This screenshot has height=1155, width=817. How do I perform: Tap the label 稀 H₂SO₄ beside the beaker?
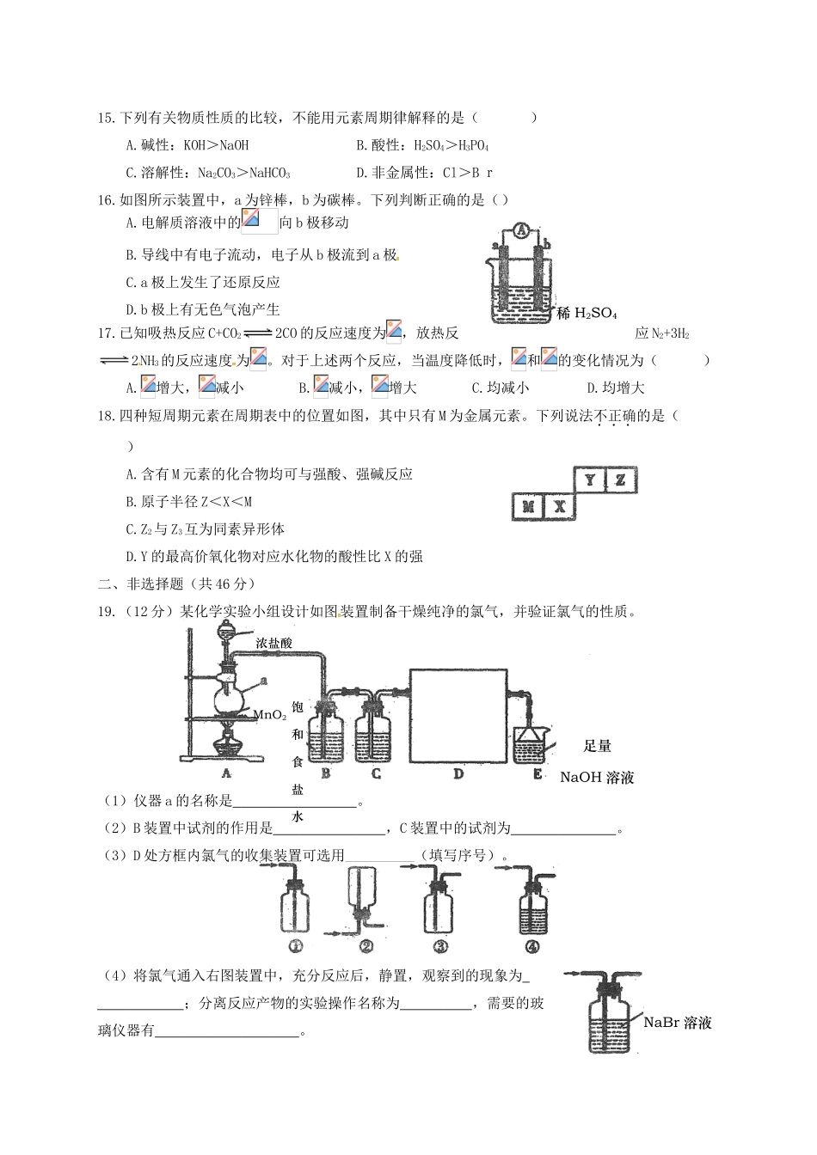[587, 314]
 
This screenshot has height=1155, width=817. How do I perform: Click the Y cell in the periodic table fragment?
[589, 480]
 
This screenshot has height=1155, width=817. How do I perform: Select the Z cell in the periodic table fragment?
[620, 480]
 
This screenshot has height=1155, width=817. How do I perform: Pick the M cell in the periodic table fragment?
[528, 507]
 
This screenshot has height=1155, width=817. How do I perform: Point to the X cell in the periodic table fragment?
[559, 507]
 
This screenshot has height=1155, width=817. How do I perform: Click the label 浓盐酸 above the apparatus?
[274, 642]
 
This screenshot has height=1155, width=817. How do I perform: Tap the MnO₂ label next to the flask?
[269, 714]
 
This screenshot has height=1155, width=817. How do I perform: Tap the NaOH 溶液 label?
[597, 778]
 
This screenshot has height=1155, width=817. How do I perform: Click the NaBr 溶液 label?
[678, 1023]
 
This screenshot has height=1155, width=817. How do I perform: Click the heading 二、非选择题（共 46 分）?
[177, 584]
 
